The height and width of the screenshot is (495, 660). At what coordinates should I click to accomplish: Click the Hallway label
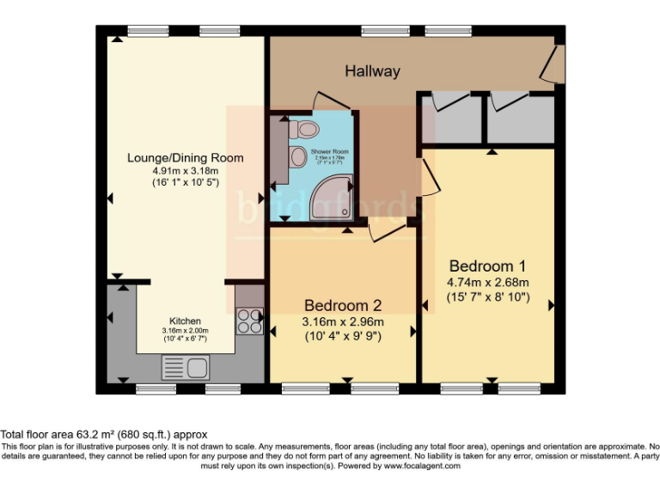(x=372, y=71)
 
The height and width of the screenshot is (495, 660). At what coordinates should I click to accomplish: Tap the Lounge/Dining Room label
(x=185, y=157)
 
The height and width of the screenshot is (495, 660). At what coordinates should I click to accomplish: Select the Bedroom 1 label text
(x=487, y=266)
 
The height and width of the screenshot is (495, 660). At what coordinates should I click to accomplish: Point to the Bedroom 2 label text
(x=343, y=305)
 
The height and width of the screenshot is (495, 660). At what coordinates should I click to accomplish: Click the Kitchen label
(x=185, y=321)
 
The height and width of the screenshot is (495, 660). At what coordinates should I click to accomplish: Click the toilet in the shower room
(x=302, y=130)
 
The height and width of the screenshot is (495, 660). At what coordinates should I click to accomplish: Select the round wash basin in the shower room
(x=296, y=157)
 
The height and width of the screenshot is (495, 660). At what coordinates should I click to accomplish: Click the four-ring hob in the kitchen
(x=250, y=321)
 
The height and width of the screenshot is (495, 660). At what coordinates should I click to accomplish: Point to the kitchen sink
(x=185, y=369)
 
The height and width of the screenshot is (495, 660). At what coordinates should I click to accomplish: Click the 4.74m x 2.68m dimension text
(x=487, y=282)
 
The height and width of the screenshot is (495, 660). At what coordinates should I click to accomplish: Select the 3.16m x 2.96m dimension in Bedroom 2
(x=343, y=321)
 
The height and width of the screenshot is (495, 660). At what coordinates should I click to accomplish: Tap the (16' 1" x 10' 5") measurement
(x=185, y=182)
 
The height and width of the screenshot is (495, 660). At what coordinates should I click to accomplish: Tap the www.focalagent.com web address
(x=421, y=466)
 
